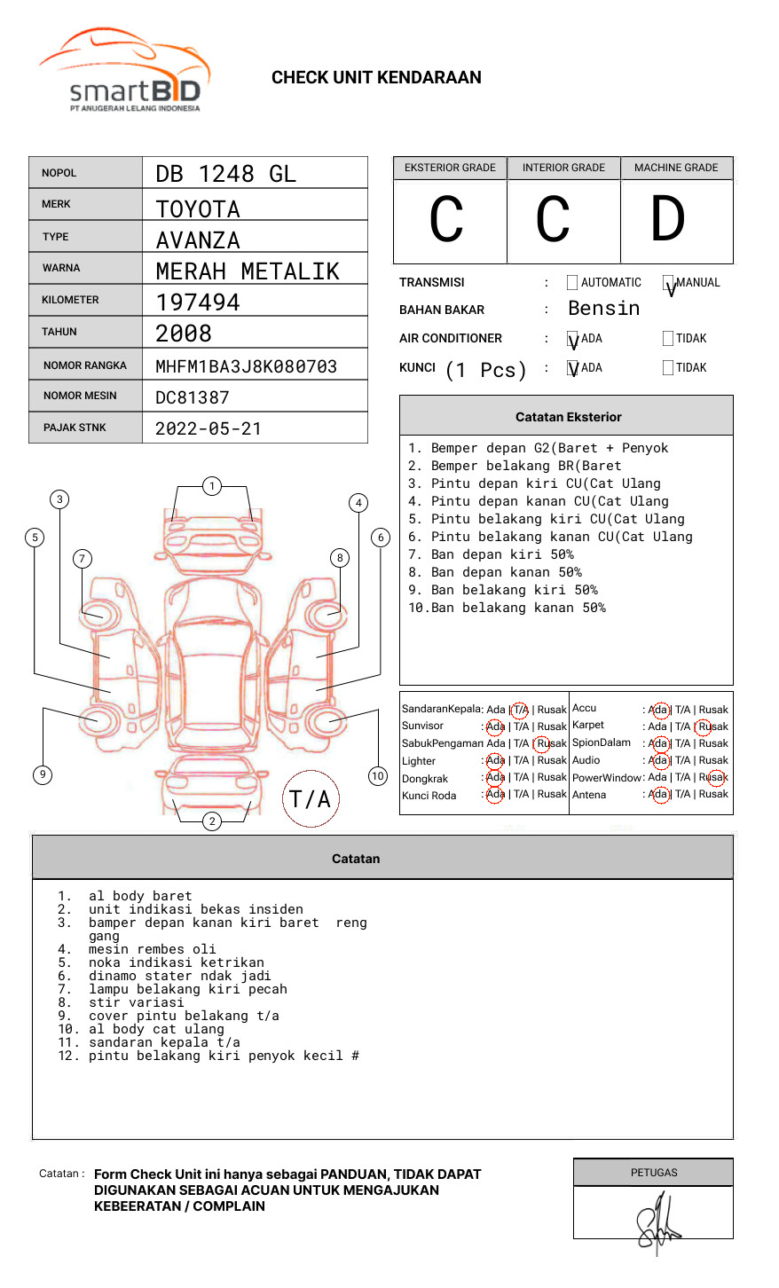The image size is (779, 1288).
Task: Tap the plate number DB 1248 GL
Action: (x=225, y=174)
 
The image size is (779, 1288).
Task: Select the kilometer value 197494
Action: (x=198, y=302)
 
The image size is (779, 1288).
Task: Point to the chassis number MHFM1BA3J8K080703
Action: (x=246, y=366)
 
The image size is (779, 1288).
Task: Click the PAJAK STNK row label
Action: (x=75, y=428)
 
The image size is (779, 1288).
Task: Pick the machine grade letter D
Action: (x=668, y=220)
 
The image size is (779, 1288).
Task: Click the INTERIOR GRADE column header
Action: (x=563, y=168)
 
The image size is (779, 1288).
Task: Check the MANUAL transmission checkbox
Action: (x=669, y=284)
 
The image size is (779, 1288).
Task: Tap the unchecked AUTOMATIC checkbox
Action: (x=572, y=283)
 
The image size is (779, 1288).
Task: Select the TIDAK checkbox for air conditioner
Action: (x=668, y=339)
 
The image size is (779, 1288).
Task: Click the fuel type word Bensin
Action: (x=603, y=309)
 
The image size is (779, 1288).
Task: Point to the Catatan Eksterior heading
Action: (x=568, y=417)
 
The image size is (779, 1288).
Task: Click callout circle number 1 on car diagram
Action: (x=211, y=486)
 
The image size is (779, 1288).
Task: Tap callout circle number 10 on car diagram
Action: (x=378, y=776)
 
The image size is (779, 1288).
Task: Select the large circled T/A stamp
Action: (x=311, y=799)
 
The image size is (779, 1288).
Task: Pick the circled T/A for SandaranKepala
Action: (x=520, y=710)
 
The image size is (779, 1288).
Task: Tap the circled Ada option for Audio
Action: (x=659, y=760)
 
